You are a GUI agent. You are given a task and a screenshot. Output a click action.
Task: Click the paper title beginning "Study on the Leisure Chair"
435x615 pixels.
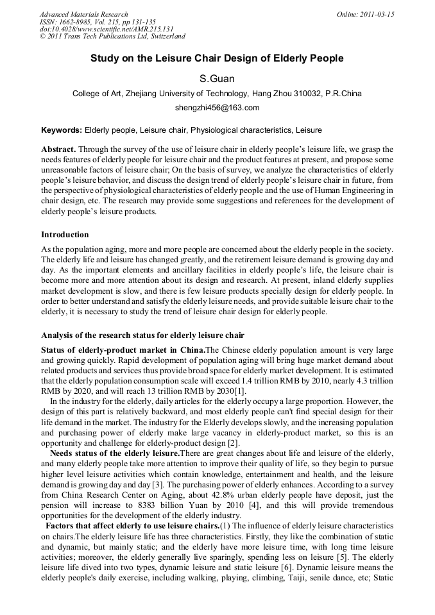217,58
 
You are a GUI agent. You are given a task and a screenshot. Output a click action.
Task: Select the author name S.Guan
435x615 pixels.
217,79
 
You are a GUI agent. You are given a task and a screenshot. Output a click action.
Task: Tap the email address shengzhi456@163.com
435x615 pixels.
217,108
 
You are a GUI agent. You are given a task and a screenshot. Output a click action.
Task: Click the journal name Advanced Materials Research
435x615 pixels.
84,14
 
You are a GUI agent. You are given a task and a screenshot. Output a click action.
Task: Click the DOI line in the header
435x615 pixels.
107,29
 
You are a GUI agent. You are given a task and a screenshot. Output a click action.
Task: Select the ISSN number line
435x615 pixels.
97,22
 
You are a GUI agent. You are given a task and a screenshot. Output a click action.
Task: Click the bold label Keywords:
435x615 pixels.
62,130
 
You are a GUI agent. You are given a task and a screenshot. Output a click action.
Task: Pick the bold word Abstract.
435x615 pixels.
58,149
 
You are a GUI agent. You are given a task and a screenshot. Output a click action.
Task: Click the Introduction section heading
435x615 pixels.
65,235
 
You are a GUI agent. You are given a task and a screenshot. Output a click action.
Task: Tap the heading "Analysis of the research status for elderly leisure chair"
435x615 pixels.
142,335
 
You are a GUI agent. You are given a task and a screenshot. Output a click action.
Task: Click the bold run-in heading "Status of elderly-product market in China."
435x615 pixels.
123,350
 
